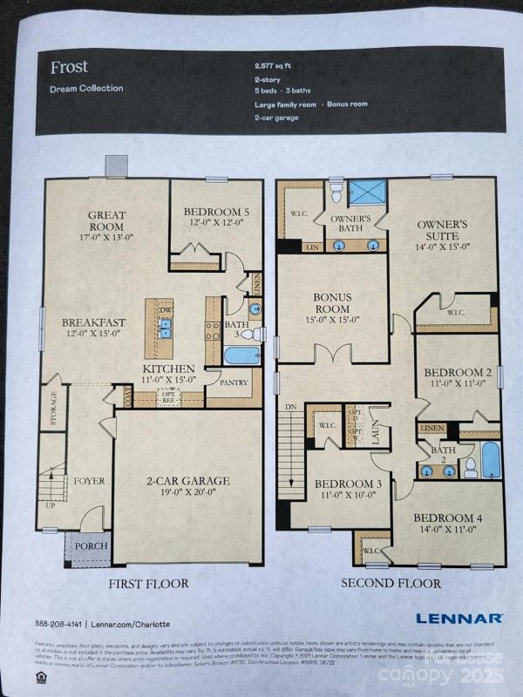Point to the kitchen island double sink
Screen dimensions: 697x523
tap(166, 328)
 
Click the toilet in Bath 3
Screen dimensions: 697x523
tap(246, 334)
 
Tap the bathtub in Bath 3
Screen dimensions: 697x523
tap(241, 356)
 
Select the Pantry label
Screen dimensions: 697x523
tap(234, 382)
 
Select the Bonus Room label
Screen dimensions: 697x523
tap(332, 302)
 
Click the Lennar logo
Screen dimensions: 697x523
tap(458, 618)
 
